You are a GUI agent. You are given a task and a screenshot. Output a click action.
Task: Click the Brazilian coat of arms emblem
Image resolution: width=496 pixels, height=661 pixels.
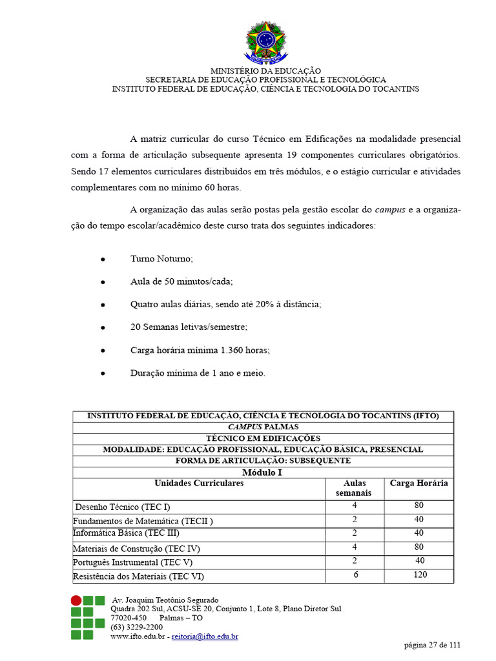pyautogui.click(x=265, y=42)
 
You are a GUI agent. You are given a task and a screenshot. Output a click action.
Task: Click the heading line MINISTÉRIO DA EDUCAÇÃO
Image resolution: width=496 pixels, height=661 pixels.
pyautogui.click(x=265, y=70)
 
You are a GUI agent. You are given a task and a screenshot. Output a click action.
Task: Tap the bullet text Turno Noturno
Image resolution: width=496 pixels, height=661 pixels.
pyautogui.click(x=161, y=258)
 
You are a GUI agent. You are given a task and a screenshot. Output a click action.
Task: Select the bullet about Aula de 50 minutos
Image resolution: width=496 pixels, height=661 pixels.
pyautogui.click(x=181, y=281)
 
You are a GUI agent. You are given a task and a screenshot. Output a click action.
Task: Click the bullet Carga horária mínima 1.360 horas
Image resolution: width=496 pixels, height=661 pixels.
pyautogui.click(x=200, y=350)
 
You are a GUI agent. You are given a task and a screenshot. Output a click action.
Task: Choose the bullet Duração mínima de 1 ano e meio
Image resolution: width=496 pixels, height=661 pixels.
pyautogui.click(x=198, y=373)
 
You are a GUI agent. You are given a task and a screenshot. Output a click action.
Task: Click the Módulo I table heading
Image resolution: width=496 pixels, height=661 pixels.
pyautogui.click(x=262, y=473)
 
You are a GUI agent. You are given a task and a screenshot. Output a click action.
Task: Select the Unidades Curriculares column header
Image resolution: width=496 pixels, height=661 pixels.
pyautogui.click(x=199, y=483)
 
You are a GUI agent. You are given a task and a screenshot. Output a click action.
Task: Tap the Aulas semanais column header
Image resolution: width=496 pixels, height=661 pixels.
pyautogui.click(x=354, y=488)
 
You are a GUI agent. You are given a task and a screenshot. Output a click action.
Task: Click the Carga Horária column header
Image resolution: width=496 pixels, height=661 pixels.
pyautogui.click(x=418, y=483)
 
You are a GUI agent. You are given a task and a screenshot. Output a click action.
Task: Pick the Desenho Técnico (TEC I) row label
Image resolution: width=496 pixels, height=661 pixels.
pyautogui.click(x=123, y=507)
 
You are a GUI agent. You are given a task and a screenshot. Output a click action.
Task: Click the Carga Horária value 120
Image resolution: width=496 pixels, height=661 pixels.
pyautogui.click(x=419, y=575)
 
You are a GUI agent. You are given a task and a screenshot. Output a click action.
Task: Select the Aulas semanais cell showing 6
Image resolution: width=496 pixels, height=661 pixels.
pyautogui.click(x=355, y=575)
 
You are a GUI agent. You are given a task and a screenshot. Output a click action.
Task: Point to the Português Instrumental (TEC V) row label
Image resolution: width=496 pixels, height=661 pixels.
pyautogui.click(x=132, y=562)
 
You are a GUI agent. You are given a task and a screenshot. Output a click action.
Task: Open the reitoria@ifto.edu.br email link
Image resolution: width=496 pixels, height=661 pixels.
pyautogui.click(x=205, y=636)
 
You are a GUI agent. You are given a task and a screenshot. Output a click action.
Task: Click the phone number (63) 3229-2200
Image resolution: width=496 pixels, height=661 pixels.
pyautogui.click(x=137, y=627)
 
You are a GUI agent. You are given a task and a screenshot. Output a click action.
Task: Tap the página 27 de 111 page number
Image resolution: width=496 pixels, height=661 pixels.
pyautogui.click(x=432, y=645)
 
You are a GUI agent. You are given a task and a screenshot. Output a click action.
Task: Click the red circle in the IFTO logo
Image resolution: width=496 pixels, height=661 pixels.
pyautogui.click(x=76, y=600)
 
